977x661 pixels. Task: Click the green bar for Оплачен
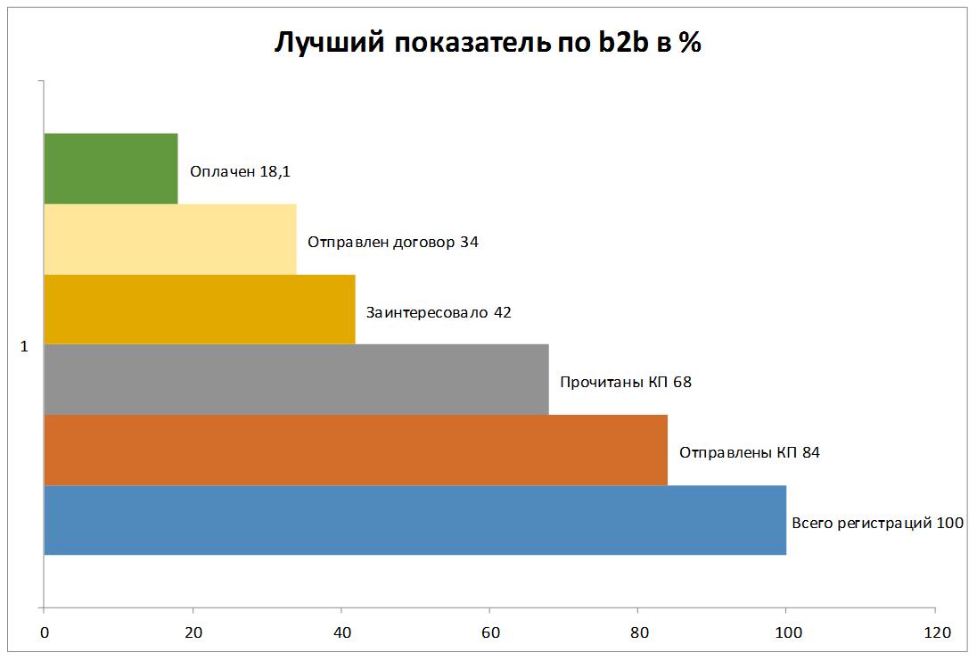(111, 169)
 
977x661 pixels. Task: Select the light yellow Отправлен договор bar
(169, 239)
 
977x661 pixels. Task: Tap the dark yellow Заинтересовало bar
(199, 309)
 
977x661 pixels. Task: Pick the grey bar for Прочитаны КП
(296, 379)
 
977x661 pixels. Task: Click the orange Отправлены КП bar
(355, 450)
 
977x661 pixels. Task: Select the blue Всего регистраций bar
(415, 520)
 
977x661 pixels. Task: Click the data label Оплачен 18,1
(240, 171)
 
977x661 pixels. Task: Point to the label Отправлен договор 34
(393, 242)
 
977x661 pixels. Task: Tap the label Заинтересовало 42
(439, 312)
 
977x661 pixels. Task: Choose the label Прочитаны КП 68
(625, 383)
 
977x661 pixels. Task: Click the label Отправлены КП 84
(749, 452)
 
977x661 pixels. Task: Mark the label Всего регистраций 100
(877, 523)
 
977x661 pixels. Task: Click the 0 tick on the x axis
(44, 633)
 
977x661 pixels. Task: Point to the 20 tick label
(193, 633)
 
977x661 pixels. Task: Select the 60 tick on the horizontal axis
(489, 633)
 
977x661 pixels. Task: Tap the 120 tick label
(934, 633)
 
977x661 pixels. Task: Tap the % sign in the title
(690, 44)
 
